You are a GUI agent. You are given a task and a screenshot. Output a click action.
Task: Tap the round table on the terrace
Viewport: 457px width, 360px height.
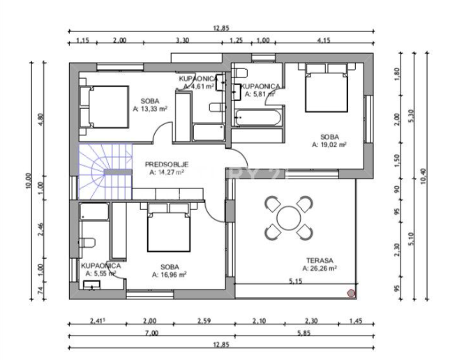point(288,218)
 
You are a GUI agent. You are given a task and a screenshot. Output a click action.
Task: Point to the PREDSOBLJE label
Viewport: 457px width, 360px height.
point(167,165)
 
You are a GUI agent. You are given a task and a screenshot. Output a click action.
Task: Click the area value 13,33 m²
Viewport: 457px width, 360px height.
point(149,110)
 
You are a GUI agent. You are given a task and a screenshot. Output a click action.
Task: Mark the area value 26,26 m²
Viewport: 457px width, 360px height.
point(320,267)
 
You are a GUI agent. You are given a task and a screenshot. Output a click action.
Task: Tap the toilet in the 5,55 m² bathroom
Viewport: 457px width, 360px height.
point(87,243)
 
